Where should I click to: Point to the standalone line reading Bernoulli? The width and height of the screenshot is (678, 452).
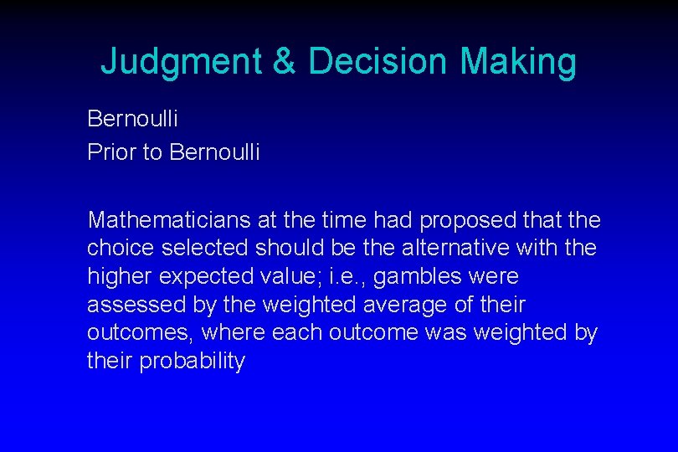132,118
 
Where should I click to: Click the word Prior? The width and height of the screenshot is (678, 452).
111,152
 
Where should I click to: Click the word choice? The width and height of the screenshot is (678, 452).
114,249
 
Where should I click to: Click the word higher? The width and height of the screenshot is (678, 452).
116,276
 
